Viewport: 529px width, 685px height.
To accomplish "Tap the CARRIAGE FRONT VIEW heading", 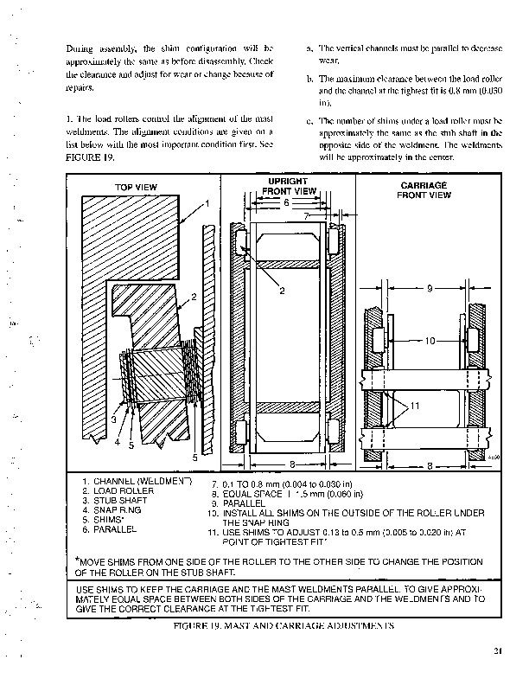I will pos(424,190).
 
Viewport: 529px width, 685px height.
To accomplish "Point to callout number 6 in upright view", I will pos(286,202).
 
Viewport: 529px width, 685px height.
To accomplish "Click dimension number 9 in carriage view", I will pos(429,290).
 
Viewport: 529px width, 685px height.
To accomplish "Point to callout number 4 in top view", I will pos(118,441).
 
